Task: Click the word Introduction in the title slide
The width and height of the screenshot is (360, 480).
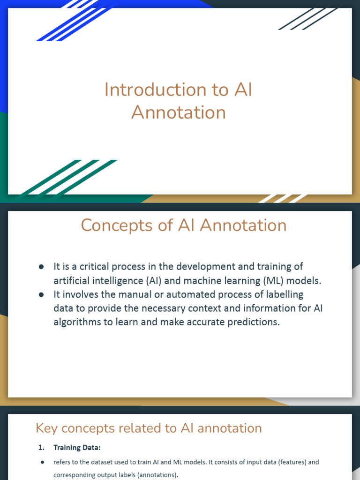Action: pos(155,90)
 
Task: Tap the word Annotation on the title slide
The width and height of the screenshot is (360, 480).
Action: pos(179,112)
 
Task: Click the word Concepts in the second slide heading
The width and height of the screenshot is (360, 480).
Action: pos(117,226)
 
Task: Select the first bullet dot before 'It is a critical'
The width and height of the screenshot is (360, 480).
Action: pos(41,267)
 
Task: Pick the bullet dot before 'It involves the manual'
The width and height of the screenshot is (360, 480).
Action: pos(41,295)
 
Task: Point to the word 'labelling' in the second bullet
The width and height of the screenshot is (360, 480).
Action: pos(285,295)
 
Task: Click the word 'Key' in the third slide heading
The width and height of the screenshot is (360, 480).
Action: pos(46,428)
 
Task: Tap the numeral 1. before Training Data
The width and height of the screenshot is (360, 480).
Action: pos(41,448)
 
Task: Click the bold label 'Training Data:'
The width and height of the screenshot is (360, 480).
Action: pos(77,448)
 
